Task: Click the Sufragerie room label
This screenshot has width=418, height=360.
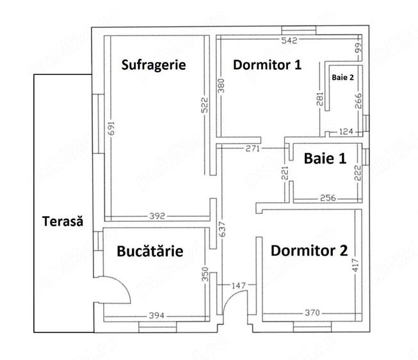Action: [154, 65]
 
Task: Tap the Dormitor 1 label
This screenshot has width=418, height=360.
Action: [267, 65]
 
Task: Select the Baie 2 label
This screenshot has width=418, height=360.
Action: [343, 77]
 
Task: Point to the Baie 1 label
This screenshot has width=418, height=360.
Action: [325, 159]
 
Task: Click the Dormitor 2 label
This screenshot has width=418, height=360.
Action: [309, 251]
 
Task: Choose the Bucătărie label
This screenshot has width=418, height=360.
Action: [150, 251]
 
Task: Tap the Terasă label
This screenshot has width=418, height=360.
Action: [63, 221]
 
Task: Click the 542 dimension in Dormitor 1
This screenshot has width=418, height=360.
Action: [289, 40]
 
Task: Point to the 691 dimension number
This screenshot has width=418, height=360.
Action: [111, 129]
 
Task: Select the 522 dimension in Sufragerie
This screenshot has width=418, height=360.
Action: [204, 105]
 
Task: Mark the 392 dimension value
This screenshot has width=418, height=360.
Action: [157, 216]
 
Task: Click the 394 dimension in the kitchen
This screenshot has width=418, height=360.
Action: [156, 316]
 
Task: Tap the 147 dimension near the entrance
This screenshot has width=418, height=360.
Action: [239, 286]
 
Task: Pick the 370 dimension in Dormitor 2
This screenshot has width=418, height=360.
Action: [312, 312]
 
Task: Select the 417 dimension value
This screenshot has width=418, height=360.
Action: [356, 265]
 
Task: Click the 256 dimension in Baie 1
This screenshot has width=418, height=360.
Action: [328, 198]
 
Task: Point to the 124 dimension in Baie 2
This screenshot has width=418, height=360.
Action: [346, 131]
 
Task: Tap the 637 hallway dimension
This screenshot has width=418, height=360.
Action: [222, 229]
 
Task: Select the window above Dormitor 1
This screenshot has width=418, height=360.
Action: [299, 30]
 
